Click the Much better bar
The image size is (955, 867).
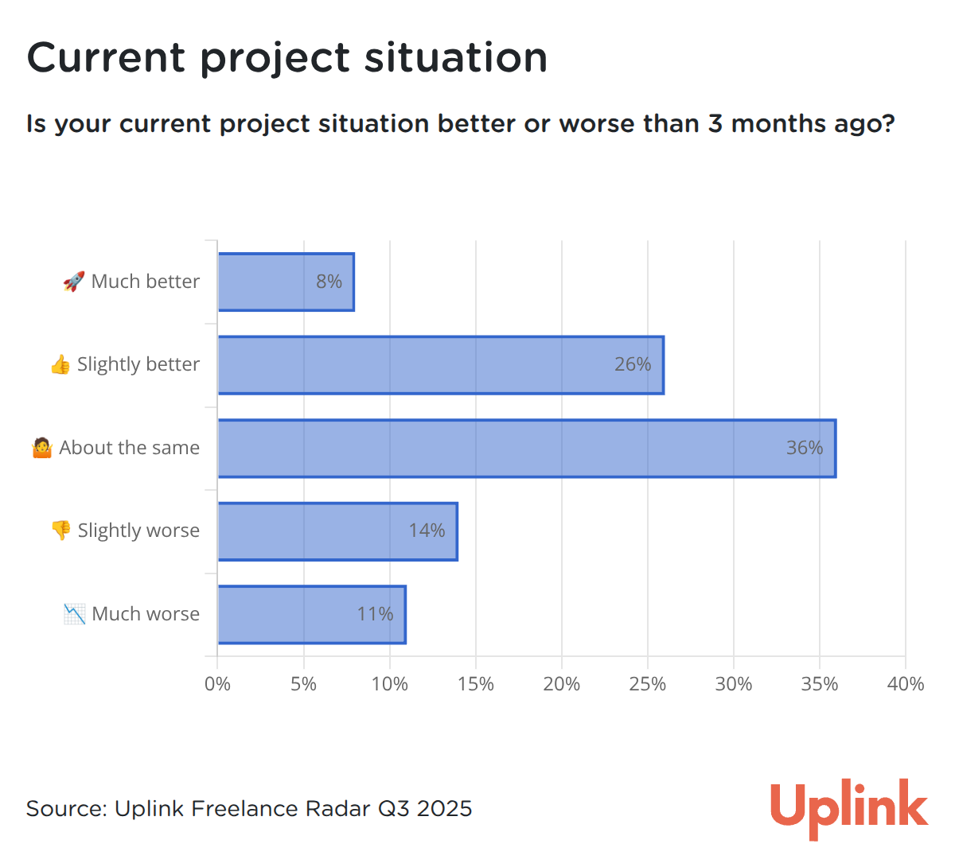[x=286, y=282]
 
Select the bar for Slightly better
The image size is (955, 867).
[x=441, y=365]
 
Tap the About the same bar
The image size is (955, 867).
[x=527, y=449]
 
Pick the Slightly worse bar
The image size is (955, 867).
[x=337, y=531]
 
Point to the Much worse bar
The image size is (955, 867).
[x=312, y=614]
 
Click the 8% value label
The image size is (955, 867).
[x=329, y=282]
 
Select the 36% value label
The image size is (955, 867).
[x=804, y=447]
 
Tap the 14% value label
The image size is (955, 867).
[x=427, y=530]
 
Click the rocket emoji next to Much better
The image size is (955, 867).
[x=74, y=282]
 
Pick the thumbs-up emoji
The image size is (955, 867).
[x=60, y=364]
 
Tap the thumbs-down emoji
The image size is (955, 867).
[x=61, y=530]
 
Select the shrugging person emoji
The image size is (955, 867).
[x=42, y=447]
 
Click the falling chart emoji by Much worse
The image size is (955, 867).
[x=74, y=614]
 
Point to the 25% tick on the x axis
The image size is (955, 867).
[x=647, y=684]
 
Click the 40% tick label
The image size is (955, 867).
[x=905, y=684]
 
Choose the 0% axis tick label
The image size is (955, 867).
[x=217, y=684]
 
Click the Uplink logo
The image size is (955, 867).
[x=849, y=808]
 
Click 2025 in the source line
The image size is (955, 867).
[x=444, y=808]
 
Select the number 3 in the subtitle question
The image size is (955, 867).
[x=715, y=123]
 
